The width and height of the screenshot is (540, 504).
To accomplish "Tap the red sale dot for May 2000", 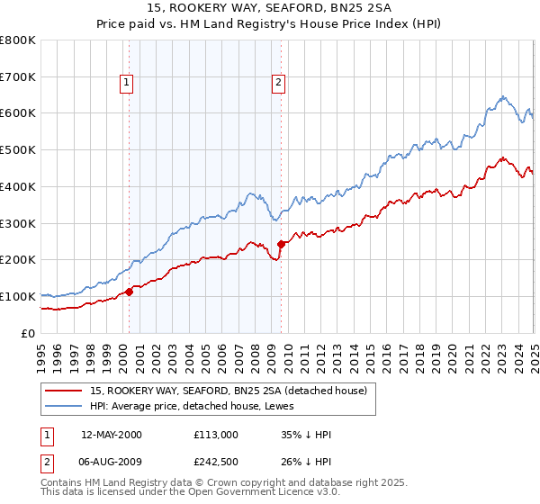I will point(129,291).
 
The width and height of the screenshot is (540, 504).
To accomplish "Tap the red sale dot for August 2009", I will point(281,243).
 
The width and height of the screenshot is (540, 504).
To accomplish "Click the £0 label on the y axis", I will point(27,333).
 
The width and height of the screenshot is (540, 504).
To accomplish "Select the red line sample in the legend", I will point(64,391).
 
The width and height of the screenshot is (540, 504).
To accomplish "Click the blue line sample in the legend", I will point(64,406).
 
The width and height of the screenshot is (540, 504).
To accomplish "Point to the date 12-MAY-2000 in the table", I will point(112,435).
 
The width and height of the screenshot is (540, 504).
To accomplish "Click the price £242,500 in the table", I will point(216,463).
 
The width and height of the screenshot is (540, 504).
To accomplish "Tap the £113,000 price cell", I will point(216,435).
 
